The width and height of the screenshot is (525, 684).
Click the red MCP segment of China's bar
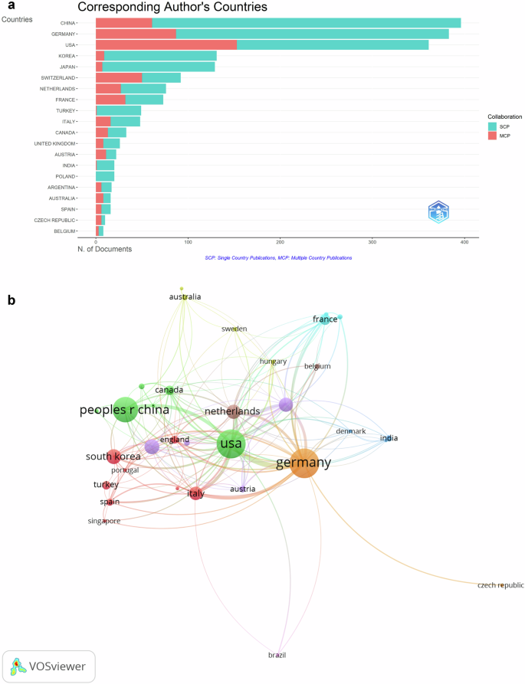pyautogui.click(x=123, y=23)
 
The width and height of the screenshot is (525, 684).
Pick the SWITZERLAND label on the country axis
pyautogui.click(x=58, y=78)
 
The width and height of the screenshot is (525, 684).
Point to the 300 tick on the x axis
pyautogui.click(x=372, y=243)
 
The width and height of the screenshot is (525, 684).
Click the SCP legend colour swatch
pyautogui.click(x=493, y=126)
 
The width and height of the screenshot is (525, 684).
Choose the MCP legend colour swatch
pyautogui.click(x=493, y=136)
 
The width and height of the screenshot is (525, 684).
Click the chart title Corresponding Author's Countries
pyautogui.click(x=172, y=8)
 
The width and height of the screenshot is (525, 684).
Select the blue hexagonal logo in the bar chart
pyautogui.click(x=438, y=211)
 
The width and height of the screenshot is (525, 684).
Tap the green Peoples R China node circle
pyautogui.click(x=124, y=411)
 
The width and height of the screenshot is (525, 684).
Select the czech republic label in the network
pyautogui.click(x=500, y=585)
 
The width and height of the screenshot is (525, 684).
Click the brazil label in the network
pyautogui.click(x=277, y=655)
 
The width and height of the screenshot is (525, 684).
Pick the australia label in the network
pyautogui.click(x=185, y=296)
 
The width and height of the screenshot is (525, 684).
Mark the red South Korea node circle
pyautogui.click(x=113, y=457)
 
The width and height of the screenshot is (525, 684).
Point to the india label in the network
pyautogui.click(x=389, y=438)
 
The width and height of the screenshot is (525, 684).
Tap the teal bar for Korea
pyautogui.click(x=160, y=56)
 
